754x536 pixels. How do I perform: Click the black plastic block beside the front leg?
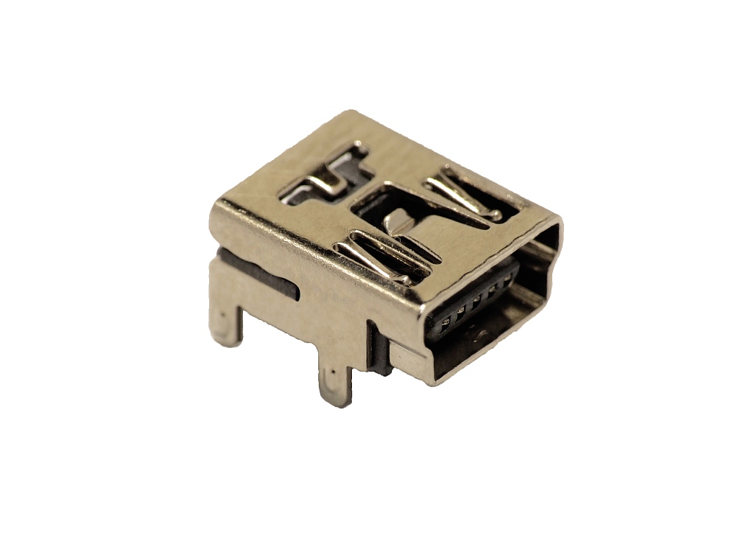coord(378,350)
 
